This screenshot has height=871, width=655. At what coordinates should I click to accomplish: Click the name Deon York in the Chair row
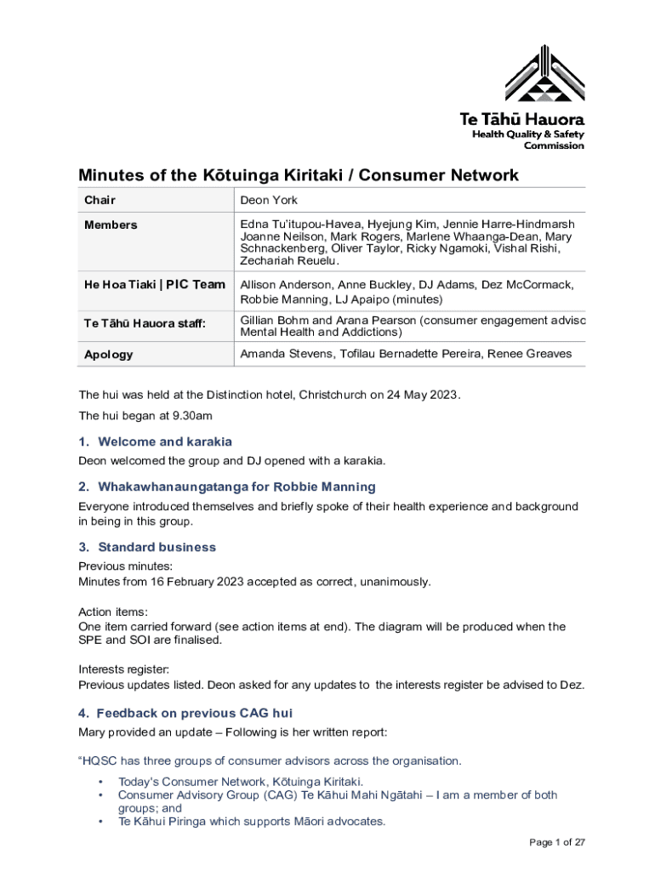269,201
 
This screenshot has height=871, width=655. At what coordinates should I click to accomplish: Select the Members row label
111,225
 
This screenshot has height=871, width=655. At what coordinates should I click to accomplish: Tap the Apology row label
108,355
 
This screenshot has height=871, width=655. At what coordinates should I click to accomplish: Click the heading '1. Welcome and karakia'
155,441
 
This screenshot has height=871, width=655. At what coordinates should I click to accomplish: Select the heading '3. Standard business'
147,547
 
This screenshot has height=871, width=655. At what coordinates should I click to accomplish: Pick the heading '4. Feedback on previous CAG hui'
185,713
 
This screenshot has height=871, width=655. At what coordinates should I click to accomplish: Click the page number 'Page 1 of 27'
557,843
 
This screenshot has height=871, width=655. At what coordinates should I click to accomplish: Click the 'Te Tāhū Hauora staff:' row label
145,323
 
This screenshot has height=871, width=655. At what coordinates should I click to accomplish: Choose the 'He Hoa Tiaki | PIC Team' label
154,285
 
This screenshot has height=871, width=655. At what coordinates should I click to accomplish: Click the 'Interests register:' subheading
123,669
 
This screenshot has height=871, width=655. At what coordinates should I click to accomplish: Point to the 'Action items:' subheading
113,612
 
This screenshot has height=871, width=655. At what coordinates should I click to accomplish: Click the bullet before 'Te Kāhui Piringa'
100,822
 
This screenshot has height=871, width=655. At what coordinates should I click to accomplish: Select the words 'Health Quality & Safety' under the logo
528,134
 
